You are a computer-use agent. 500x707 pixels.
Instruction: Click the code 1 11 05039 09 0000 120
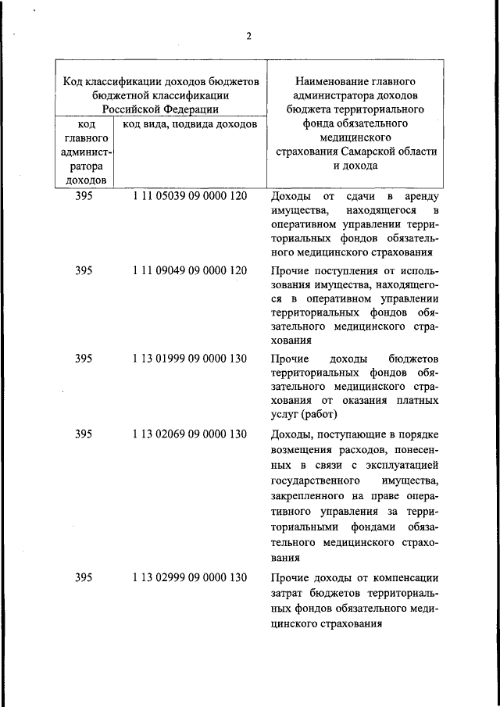click(x=190, y=196)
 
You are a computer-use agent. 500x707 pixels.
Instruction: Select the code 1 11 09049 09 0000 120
click(x=190, y=271)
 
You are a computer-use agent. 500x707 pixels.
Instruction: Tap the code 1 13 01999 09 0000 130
click(x=190, y=359)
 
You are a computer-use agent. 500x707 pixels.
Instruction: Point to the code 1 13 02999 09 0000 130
click(x=190, y=577)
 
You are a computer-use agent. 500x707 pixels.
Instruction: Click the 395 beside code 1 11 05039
click(x=84, y=196)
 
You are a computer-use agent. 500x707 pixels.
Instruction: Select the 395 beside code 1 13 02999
click(x=84, y=577)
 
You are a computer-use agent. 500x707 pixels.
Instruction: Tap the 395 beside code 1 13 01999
click(x=84, y=359)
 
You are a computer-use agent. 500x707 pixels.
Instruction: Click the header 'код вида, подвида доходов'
click(x=185, y=123)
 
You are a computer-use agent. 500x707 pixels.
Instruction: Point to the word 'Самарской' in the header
click(x=363, y=152)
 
